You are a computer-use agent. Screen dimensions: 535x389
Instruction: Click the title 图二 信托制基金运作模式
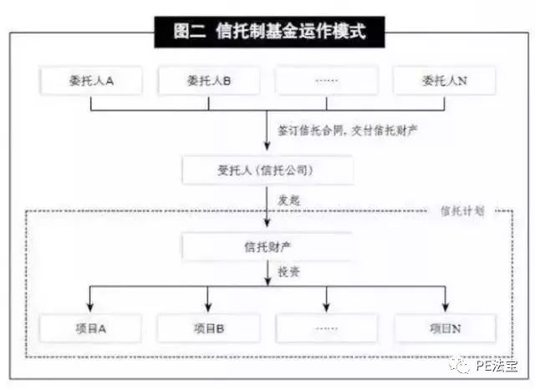pyautogui.click(x=269, y=32)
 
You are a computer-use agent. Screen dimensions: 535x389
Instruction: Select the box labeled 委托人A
pyautogui.click(x=91, y=81)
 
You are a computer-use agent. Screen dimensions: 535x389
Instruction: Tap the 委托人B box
pyautogui.click(x=209, y=81)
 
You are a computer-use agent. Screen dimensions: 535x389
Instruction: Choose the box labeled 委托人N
pyautogui.click(x=444, y=81)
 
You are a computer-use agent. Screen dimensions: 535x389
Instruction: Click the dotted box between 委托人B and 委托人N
pyautogui.click(x=327, y=81)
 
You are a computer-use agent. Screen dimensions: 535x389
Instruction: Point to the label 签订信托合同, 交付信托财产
pyautogui.click(x=348, y=130)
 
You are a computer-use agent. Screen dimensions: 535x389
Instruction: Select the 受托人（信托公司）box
pyautogui.click(x=267, y=169)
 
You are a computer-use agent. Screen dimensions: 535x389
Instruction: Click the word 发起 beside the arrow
pyautogui.click(x=288, y=200)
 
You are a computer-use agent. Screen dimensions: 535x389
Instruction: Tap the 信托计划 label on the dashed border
pyautogui.click(x=462, y=211)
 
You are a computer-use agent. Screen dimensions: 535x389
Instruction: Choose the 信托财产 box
pyautogui.click(x=267, y=246)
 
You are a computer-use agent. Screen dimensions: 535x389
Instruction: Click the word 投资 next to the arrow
pyautogui.click(x=288, y=272)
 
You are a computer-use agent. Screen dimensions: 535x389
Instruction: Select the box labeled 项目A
pyautogui.click(x=91, y=328)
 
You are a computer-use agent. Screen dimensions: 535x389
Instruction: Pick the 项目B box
pyautogui.click(x=209, y=328)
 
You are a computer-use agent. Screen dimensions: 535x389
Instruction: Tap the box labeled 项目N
pyautogui.click(x=445, y=328)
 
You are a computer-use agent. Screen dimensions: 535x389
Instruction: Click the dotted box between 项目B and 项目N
pyautogui.click(x=327, y=328)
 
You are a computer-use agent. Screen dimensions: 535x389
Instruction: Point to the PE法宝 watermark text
pyautogui.click(x=497, y=366)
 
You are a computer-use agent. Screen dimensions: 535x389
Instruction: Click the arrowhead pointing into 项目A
pyautogui.click(x=90, y=306)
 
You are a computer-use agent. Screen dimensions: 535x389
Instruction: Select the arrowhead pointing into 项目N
pyautogui.click(x=445, y=306)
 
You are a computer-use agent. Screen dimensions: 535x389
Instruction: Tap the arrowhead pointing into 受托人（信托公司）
pyautogui.click(x=267, y=145)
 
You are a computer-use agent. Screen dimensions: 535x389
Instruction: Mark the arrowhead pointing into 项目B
pyautogui.click(x=208, y=306)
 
